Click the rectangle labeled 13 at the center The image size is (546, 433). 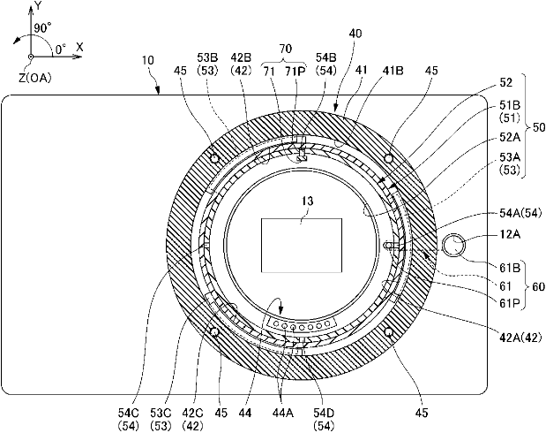302,246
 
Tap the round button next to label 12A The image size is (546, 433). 453,246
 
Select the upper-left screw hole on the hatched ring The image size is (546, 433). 215,159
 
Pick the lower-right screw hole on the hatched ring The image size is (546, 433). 389,331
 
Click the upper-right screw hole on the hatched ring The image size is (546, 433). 389,159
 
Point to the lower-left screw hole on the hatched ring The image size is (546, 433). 214,331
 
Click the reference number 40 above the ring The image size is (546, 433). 355,34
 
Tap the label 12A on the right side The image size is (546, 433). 510,234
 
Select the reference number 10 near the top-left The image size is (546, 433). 148,60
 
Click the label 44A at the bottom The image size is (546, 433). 282,413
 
